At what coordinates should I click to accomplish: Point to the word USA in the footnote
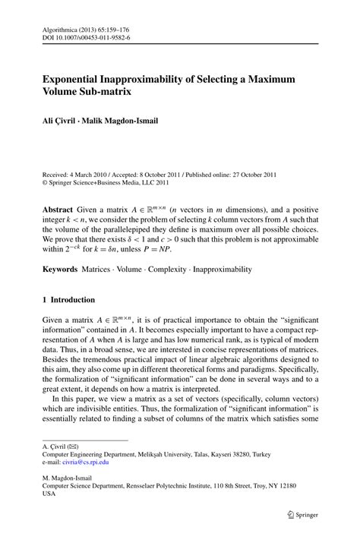click(x=49, y=492)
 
